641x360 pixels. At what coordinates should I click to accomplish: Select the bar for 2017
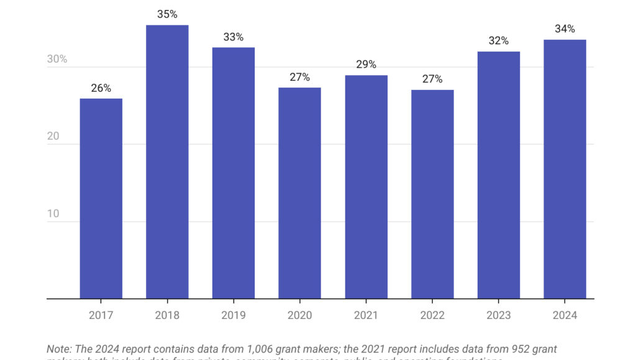[x=101, y=199]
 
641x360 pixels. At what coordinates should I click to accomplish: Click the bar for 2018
[x=167, y=161]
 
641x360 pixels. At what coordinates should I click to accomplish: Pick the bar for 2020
[x=299, y=193]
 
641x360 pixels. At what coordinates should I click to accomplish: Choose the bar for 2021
[x=366, y=187]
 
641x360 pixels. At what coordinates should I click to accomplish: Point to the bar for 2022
[x=432, y=194]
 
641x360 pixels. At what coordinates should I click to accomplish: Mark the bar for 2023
[x=499, y=175]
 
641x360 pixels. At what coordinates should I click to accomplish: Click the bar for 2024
[x=565, y=169]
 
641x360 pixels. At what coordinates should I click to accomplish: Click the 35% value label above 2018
[x=167, y=14]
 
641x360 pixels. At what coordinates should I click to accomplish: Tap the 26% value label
[x=101, y=88]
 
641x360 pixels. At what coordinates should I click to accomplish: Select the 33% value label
[x=234, y=37]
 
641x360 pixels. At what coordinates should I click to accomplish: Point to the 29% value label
[x=366, y=65]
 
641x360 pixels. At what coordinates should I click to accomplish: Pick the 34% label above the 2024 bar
[x=565, y=29]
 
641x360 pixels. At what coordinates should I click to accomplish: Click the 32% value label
[x=499, y=41]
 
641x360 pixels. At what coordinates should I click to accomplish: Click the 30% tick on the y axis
[x=57, y=60]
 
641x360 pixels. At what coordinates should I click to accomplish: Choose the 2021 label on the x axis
[x=366, y=315]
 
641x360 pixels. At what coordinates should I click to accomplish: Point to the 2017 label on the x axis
[x=101, y=315]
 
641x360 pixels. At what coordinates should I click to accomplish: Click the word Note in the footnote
[x=58, y=349]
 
